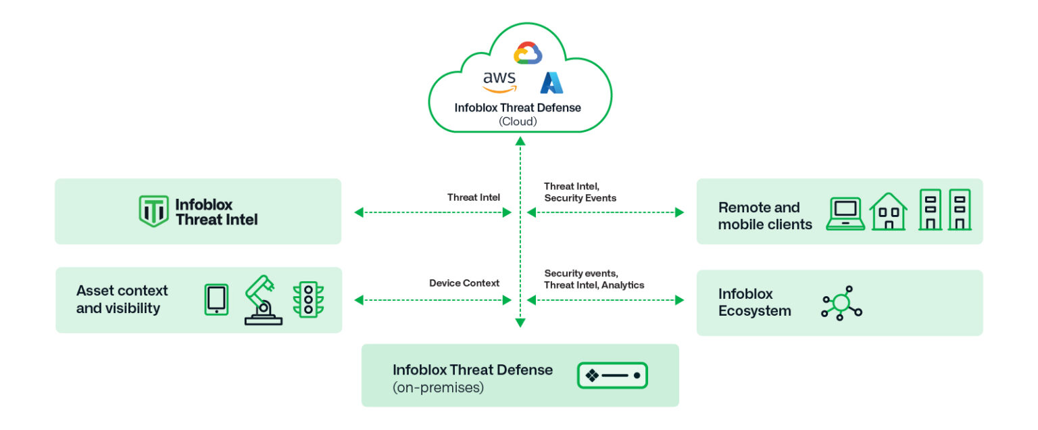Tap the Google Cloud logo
pos(528,53)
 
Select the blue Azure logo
pos(551,82)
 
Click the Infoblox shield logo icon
pos(153,211)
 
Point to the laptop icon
pos(845,214)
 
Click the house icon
pos(888,212)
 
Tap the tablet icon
pos(216,300)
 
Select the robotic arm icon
pos(263,300)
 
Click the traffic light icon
pos(308,299)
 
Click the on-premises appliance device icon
pos(612,375)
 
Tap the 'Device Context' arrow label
pos(464,283)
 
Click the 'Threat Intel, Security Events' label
pos(580,192)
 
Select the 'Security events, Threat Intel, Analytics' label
pos(593,279)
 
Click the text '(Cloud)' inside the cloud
pos(518,122)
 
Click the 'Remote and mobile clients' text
pos(765,216)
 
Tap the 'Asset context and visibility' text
pos(122,300)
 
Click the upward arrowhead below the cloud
pos(520,141)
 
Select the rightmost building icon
pos(960,210)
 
